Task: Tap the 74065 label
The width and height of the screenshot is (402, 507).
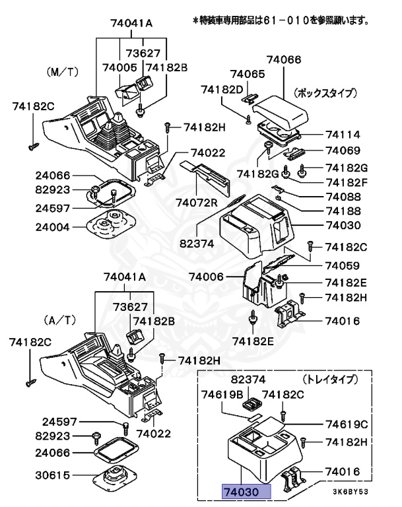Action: click(x=248, y=75)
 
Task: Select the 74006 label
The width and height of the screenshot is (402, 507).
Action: click(x=208, y=277)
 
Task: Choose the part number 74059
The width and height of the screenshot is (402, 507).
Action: click(x=342, y=266)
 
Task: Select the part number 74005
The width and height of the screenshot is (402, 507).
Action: click(x=119, y=67)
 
